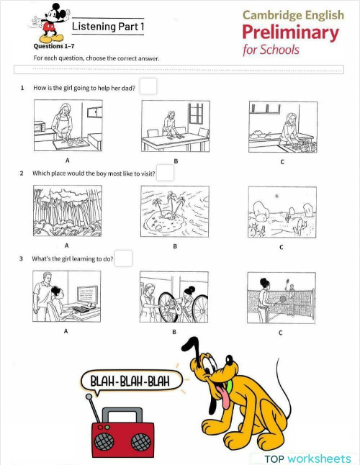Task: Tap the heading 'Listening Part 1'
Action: (x=108, y=27)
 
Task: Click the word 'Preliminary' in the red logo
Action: (x=290, y=32)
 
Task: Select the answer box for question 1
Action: (x=148, y=86)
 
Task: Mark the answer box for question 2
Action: (x=165, y=173)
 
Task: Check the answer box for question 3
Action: (x=123, y=258)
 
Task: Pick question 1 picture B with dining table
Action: (x=175, y=126)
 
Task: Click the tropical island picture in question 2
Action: (x=175, y=212)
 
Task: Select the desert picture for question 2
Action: (x=282, y=212)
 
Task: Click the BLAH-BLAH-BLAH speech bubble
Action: (x=130, y=381)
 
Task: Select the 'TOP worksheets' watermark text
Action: (x=307, y=459)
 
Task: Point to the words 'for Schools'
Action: (x=271, y=50)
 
